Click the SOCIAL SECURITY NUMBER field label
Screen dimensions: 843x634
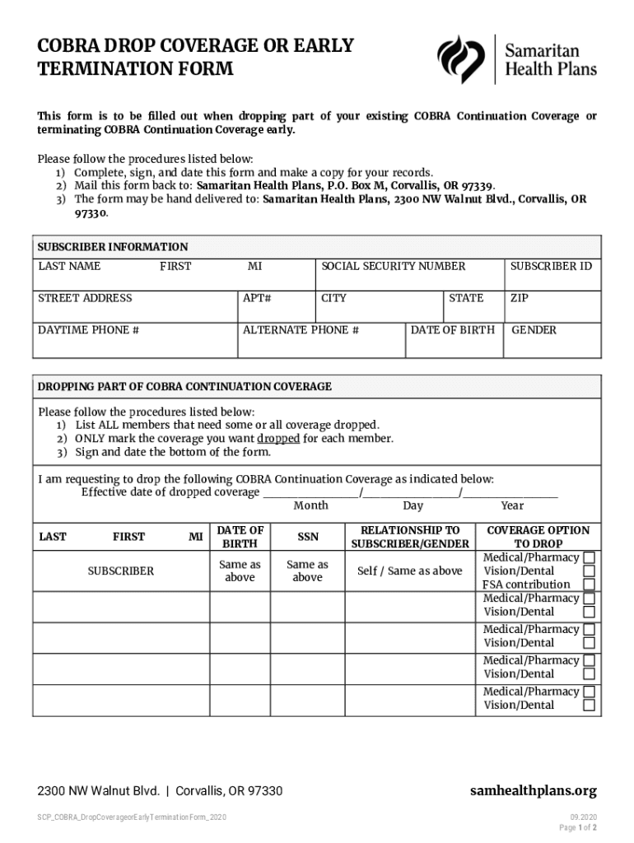point(393,266)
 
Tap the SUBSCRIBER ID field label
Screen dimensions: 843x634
point(551,266)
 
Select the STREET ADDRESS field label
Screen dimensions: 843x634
point(85,298)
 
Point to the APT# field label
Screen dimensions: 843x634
point(257,298)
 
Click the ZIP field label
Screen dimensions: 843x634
point(519,298)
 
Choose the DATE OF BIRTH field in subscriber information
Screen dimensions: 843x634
point(453,330)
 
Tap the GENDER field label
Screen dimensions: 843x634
point(534,330)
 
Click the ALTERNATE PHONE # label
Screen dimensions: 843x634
point(301,330)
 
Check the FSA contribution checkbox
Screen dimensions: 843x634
point(589,585)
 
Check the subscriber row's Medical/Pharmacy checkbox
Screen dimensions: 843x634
point(589,557)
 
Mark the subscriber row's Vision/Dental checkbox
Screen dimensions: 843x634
point(589,571)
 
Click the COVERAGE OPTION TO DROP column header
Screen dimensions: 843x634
point(538,537)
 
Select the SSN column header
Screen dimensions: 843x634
point(307,537)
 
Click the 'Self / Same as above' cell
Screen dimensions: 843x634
point(409,571)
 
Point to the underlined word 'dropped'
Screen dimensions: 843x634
point(278,438)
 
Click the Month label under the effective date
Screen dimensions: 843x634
point(310,505)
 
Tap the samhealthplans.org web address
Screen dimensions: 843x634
point(533,791)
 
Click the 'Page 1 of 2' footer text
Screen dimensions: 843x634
point(577,827)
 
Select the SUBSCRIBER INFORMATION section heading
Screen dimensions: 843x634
point(113,246)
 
